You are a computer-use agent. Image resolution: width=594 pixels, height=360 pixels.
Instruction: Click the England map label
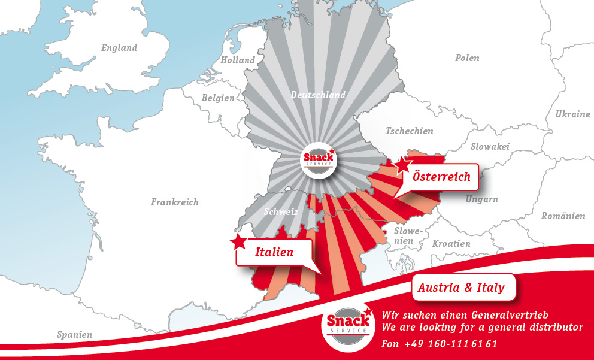tap(119, 48)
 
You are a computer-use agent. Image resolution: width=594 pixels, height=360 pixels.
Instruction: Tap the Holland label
tap(238, 60)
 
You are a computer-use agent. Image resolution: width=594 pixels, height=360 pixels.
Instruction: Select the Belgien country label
tap(218, 98)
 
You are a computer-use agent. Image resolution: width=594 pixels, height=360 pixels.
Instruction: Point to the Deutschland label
tap(318, 95)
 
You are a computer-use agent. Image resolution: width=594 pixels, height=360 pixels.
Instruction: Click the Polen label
tap(467, 58)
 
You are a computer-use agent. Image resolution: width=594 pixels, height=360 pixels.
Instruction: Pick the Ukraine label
tap(572, 114)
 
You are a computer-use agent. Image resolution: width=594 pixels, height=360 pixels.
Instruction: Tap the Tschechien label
tap(409, 131)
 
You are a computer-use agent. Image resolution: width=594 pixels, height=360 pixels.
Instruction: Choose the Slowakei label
tap(490, 146)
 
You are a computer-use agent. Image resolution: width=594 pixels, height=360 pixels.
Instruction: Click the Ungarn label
tap(481, 199)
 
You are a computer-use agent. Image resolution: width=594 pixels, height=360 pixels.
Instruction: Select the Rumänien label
tap(563, 216)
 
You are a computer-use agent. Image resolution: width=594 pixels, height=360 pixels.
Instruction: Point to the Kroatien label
tap(451, 243)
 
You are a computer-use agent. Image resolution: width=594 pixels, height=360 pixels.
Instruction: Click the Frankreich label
tap(174, 202)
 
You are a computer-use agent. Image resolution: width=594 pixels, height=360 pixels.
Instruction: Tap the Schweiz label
tap(281, 211)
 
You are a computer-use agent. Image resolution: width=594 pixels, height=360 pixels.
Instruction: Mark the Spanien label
tap(75, 334)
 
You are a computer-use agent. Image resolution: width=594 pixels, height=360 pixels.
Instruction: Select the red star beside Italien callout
tap(239, 242)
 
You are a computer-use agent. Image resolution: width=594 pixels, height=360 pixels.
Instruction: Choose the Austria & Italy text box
tap(461, 288)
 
